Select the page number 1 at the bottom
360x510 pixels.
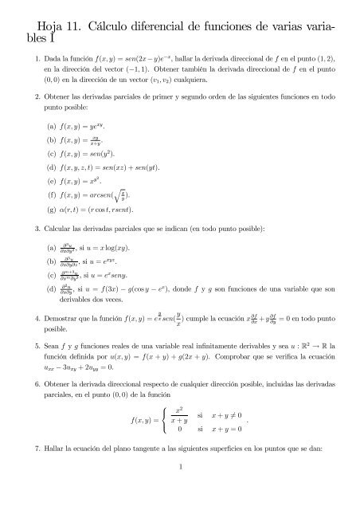182,488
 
